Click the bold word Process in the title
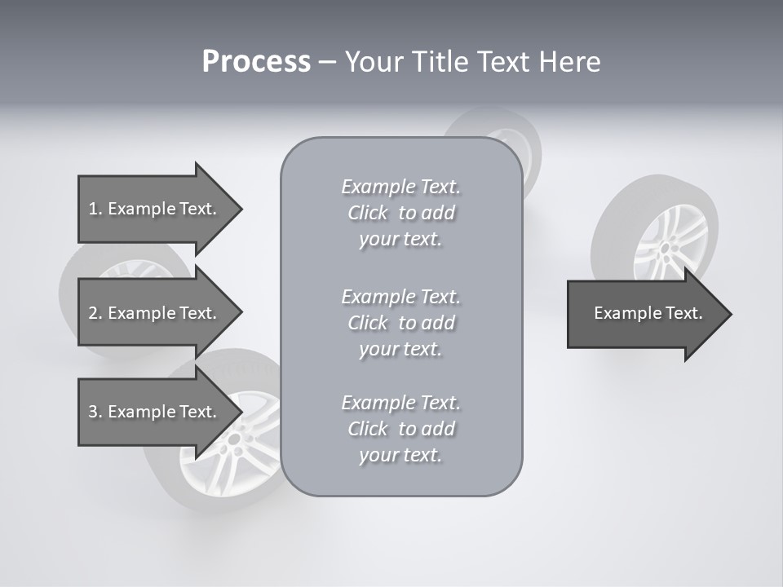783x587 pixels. pyautogui.click(x=256, y=62)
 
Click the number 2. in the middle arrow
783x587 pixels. pyautogui.click(x=95, y=313)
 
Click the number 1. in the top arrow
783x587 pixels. pyautogui.click(x=95, y=209)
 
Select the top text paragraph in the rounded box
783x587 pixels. pyautogui.click(x=400, y=213)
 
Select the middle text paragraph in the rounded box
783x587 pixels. pyautogui.click(x=400, y=322)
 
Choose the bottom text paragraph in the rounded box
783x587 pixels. pyautogui.click(x=400, y=429)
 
